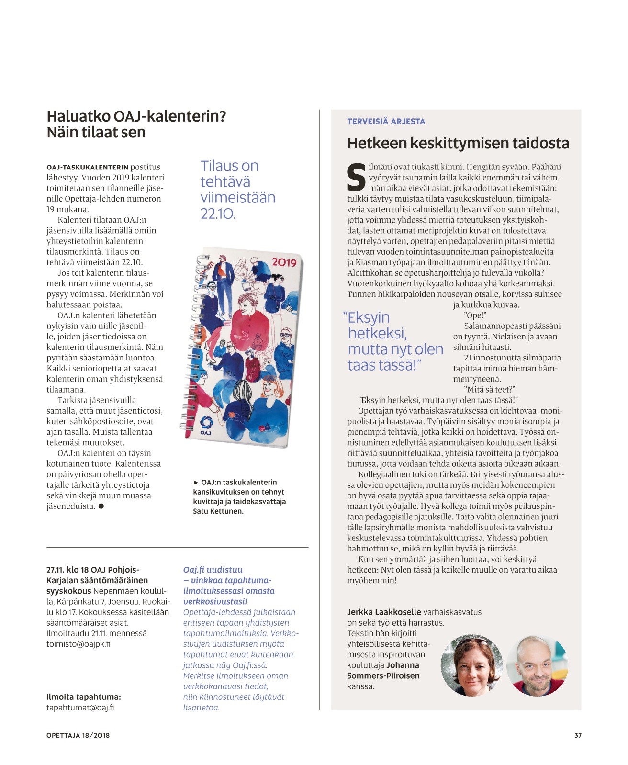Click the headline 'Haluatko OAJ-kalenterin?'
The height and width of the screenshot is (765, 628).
pos(136,116)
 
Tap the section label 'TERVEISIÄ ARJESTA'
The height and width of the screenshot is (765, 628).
pos(386,122)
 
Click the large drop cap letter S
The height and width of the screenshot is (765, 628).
pos(356,178)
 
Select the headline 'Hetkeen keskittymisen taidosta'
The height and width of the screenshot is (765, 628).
pos(458,143)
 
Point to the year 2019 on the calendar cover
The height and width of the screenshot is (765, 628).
pos(284,262)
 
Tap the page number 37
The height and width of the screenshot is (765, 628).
pos(578,735)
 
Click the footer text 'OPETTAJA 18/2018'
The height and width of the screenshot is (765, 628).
pos(78,735)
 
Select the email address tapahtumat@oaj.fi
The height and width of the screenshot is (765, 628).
pos(80,708)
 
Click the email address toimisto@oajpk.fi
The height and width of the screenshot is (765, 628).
pos(78,644)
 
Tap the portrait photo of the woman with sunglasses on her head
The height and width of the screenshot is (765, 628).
pos(471,665)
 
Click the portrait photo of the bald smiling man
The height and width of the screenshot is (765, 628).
pos(537,665)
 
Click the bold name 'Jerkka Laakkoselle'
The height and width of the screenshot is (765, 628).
pos(384,612)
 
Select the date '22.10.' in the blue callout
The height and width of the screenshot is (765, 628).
pos(218,214)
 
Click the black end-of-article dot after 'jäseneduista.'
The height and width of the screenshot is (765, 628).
pos(101,506)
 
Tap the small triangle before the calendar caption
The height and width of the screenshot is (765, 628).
pos(196,483)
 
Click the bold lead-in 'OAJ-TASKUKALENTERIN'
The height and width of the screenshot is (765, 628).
pos(87,168)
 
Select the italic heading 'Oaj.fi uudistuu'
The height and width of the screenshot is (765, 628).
pos(213,570)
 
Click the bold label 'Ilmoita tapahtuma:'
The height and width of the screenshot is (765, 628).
pos(84,697)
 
